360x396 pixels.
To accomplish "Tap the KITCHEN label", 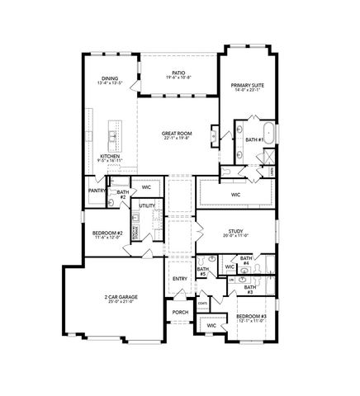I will point(111,156).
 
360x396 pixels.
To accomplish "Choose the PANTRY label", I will point(96,191).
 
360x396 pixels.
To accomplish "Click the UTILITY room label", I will point(147,205).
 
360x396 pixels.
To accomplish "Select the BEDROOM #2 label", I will point(108,233).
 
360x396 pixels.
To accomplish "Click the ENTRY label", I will point(180,278).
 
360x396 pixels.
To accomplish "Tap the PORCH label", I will point(180,312).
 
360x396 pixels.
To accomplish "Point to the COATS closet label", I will point(202,303).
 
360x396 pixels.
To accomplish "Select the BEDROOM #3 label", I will point(250,316).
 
